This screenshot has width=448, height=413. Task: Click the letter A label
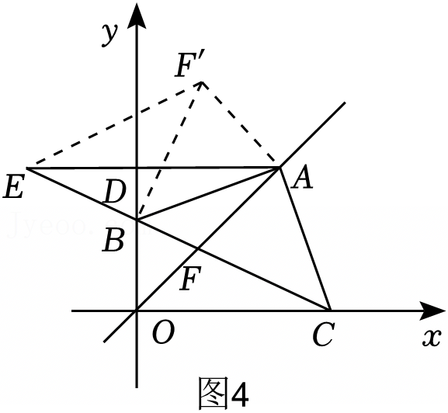(302, 179)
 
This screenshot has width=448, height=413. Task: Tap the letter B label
(113, 241)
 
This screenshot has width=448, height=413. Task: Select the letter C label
(323, 335)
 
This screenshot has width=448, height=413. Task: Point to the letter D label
(114, 192)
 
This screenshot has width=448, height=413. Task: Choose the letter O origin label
(163, 333)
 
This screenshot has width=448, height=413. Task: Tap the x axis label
(432, 339)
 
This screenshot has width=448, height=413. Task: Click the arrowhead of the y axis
(137, 16)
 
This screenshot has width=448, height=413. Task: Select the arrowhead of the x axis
(432, 311)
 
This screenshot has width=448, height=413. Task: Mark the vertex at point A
(280, 168)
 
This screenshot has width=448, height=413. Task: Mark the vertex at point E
(27, 168)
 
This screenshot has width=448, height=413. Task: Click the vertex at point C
(330, 311)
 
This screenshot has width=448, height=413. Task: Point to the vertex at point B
(137, 220)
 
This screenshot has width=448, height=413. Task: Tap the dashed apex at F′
(202, 82)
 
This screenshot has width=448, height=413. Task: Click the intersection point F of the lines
(197, 248)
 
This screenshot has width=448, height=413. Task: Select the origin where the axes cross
(137, 311)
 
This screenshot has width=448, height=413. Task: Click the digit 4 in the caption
(239, 393)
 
